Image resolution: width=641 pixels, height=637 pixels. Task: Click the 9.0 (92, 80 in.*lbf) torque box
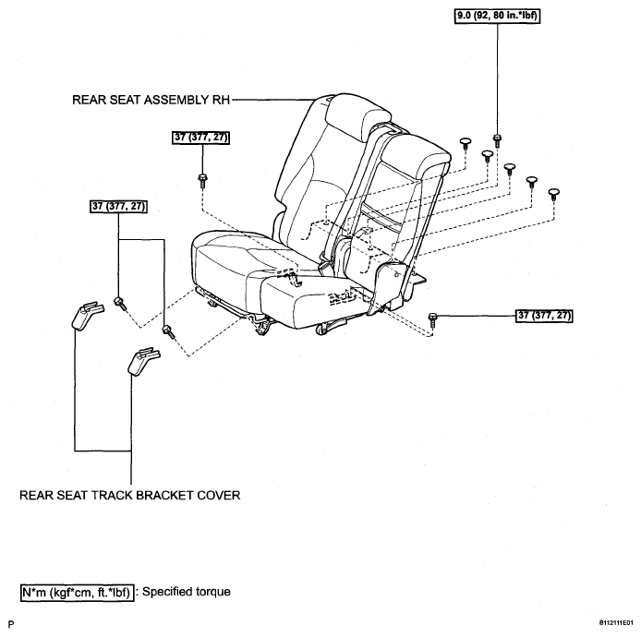pyautogui.click(x=497, y=16)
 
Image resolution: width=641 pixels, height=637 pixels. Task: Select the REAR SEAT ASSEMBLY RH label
pyautogui.click(x=151, y=100)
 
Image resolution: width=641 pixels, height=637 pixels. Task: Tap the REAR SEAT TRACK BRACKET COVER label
pyautogui.click(x=129, y=495)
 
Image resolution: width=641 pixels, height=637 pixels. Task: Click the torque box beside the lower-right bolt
pyautogui.click(x=544, y=316)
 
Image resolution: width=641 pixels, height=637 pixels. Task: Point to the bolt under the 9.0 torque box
pyautogui.click(x=497, y=140)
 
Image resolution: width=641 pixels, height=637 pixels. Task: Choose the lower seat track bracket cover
pyautogui.click(x=143, y=361)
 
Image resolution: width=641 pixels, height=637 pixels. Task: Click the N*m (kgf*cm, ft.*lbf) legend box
pyautogui.click(x=77, y=593)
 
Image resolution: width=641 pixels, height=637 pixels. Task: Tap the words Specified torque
pyautogui.click(x=187, y=592)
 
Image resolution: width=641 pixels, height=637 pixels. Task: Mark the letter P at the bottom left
pyautogui.click(x=11, y=624)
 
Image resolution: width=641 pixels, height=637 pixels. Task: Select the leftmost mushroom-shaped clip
pyautogui.click(x=466, y=144)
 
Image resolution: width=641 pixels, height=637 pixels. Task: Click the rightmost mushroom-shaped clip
pyautogui.click(x=553, y=194)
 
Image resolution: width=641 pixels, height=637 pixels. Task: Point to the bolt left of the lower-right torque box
pyautogui.click(x=432, y=318)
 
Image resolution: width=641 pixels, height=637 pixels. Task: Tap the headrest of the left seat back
pyautogui.click(x=355, y=114)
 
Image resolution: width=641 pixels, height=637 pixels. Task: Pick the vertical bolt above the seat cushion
pyautogui.click(x=202, y=181)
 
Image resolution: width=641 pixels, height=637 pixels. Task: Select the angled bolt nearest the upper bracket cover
pyautogui.click(x=121, y=304)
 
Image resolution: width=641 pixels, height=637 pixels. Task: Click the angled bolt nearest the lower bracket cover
pyautogui.click(x=168, y=331)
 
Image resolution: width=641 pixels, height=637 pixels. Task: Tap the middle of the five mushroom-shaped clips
pyautogui.click(x=509, y=168)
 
